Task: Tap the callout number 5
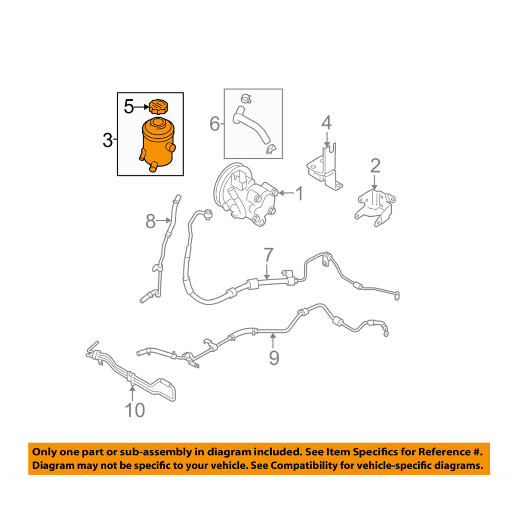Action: click(129, 107)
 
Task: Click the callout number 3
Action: click(107, 140)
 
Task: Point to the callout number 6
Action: click(214, 124)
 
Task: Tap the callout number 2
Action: click(375, 166)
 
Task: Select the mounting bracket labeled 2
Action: click(375, 206)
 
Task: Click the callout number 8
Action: click(150, 221)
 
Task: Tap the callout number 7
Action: click(268, 255)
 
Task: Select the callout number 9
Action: click(274, 357)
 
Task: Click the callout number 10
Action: click(135, 410)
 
